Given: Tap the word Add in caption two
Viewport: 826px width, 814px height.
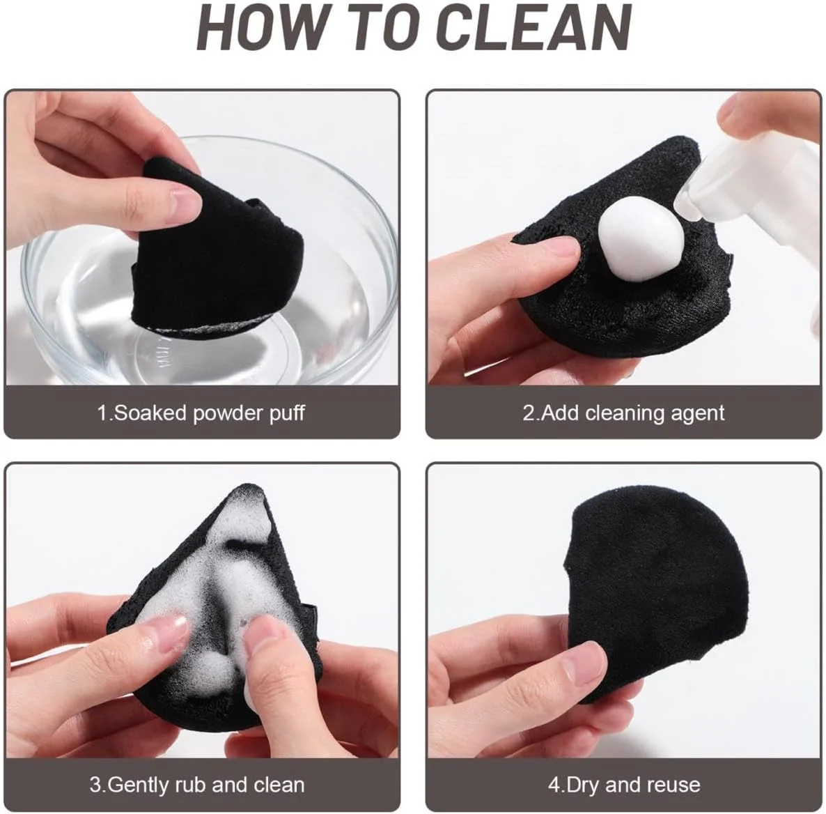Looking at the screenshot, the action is pyautogui.click(x=560, y=413).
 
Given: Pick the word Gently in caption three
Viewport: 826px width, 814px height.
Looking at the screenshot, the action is pyautogui.click(x=139, y=785).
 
